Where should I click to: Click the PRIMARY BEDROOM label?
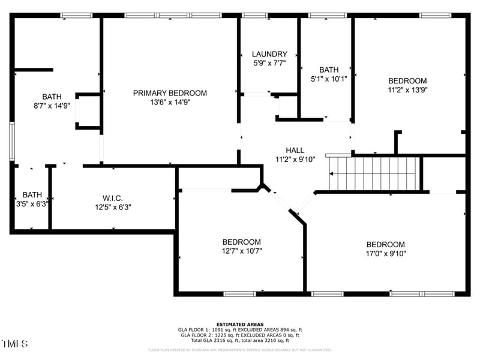pyautogui.click(x=170, y=93)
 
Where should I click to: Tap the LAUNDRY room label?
pyautogui.click(x=269, y=54)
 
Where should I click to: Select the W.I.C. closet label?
pyautogui.click(x=112, y=198)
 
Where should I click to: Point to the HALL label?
pyautogui.click(x=295, y=151)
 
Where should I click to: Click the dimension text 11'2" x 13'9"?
pyautogui.click(x=407, y=90)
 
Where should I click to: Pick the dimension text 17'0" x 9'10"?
pyautogui.click(x=386, y=253)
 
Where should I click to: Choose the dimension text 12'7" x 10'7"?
pyautogui.click(x=242, y=251)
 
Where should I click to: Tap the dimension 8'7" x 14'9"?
pyautogui.click(x=52, y=106)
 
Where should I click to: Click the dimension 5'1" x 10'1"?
pyautogui.click(x=329, y=78)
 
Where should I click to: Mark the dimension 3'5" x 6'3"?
pyautogui.click(x=32, y=203)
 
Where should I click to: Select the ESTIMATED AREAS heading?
pyautogui.click(x=240, y=324)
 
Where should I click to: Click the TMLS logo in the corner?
pyautogui.click(x=15, y=344)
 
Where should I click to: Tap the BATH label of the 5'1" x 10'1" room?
pyautogui.click(x=329, y=70)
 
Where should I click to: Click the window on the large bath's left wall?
pyautogui.click(x=11, y=141)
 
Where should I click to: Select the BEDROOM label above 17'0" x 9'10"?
pyautogui.click(x=386, y=244)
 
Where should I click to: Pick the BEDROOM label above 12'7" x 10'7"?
pyautogui.click(x=242, y=242)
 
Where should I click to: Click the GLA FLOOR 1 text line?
pyautogui.click(x=240, y=329)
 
